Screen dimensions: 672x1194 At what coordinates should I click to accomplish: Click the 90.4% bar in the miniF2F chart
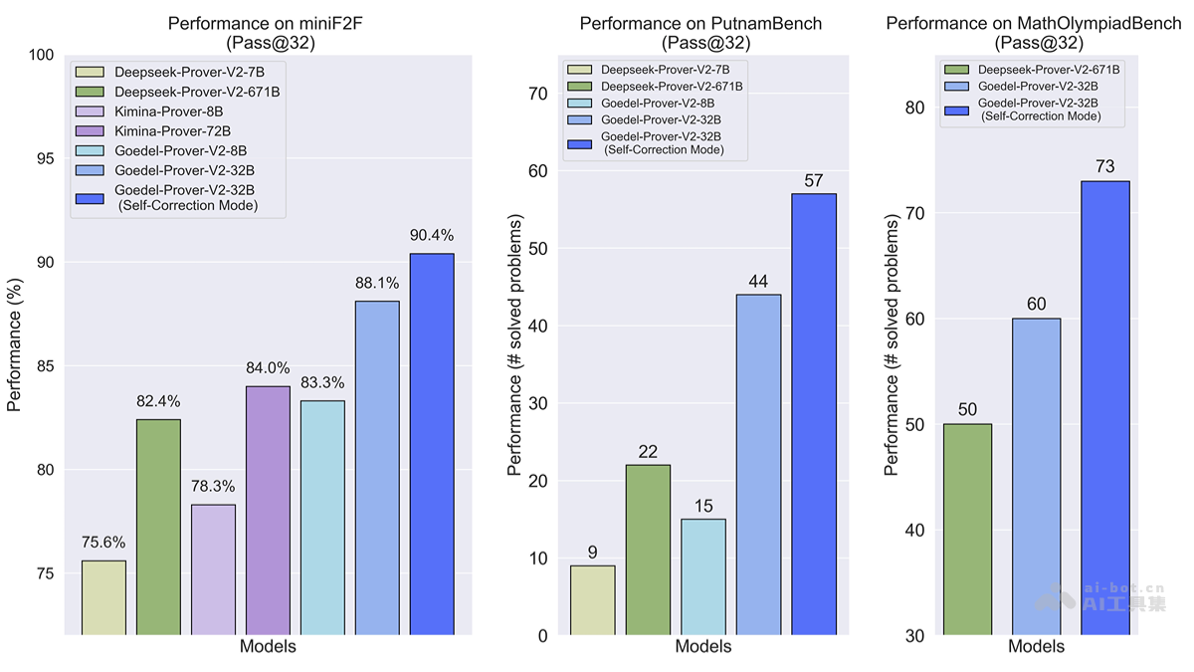pyautogui.click(x=432, y=444)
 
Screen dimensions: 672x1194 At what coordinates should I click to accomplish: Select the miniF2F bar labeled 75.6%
pyautogui.click(x=103, y=597)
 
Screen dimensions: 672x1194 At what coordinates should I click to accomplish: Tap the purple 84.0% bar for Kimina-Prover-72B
pyautogui.click(x=268, y=510)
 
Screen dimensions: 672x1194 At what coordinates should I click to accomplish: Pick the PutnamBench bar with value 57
pyautogui.click(x=814, y=414)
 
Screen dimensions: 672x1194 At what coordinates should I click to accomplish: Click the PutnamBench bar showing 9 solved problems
pyautogui.click(x=592, y=600)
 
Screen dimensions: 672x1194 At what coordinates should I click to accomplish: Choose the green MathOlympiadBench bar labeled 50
pyautogui.click(x=967, y=529)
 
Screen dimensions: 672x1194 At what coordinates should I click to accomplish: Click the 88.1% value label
pyautogui.click(x=377, y=283)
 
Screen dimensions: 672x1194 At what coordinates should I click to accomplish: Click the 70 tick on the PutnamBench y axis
pyautogui.click(x=538, y=94)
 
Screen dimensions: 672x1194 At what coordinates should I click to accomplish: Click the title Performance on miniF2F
pyautogui.click(x=268, y=23)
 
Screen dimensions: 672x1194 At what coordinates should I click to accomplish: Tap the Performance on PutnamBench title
pyautogui.click(x=700, y=23)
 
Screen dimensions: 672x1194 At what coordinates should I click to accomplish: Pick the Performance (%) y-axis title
pyautogui.click(x=15, y=343)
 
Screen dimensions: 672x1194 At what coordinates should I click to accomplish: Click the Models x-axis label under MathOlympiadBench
pyautogui.click(x=1036, y=647)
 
